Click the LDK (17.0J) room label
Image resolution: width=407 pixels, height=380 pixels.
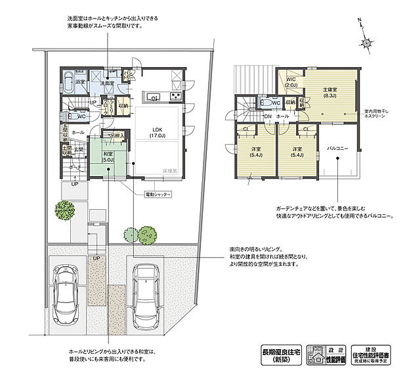[x=158, y=131]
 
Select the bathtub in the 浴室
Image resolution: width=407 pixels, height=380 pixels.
[x=72, y=85]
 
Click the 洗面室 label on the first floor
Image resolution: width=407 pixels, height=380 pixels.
[x=108, y=83]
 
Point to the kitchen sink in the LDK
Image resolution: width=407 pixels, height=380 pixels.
[x=154, y=98]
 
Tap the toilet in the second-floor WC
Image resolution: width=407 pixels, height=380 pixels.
[x=265, y=103]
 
